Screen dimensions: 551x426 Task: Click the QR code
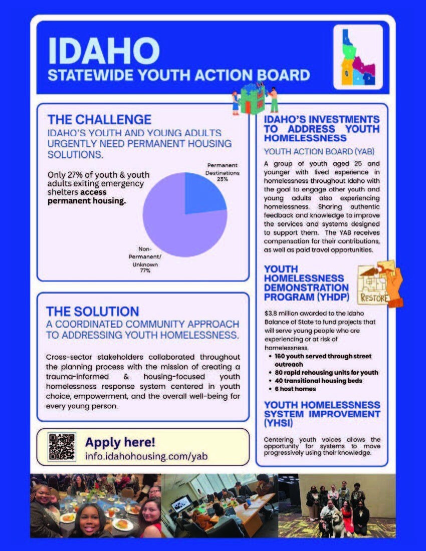pyautogui.click(x=62, y=446)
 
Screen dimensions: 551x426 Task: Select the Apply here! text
pyautogui.click(x=120, y=442)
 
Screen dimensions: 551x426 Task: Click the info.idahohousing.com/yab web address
pyautogui.click(x=146, y=456)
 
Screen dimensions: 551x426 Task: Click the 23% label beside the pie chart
pyautogui.click(x=222, y=178)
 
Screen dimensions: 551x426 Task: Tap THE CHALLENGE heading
pyautogui.click(x=99, y=120)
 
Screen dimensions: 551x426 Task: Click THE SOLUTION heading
pyautogui.click(x=93, y=311)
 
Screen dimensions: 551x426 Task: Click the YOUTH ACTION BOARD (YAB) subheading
pyautogui.click(x=319, y=151)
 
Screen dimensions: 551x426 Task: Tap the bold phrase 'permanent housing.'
pyautogui.click(x=86, y=201)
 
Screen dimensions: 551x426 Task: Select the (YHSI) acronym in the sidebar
pyautogui.click(x=278, y=424)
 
